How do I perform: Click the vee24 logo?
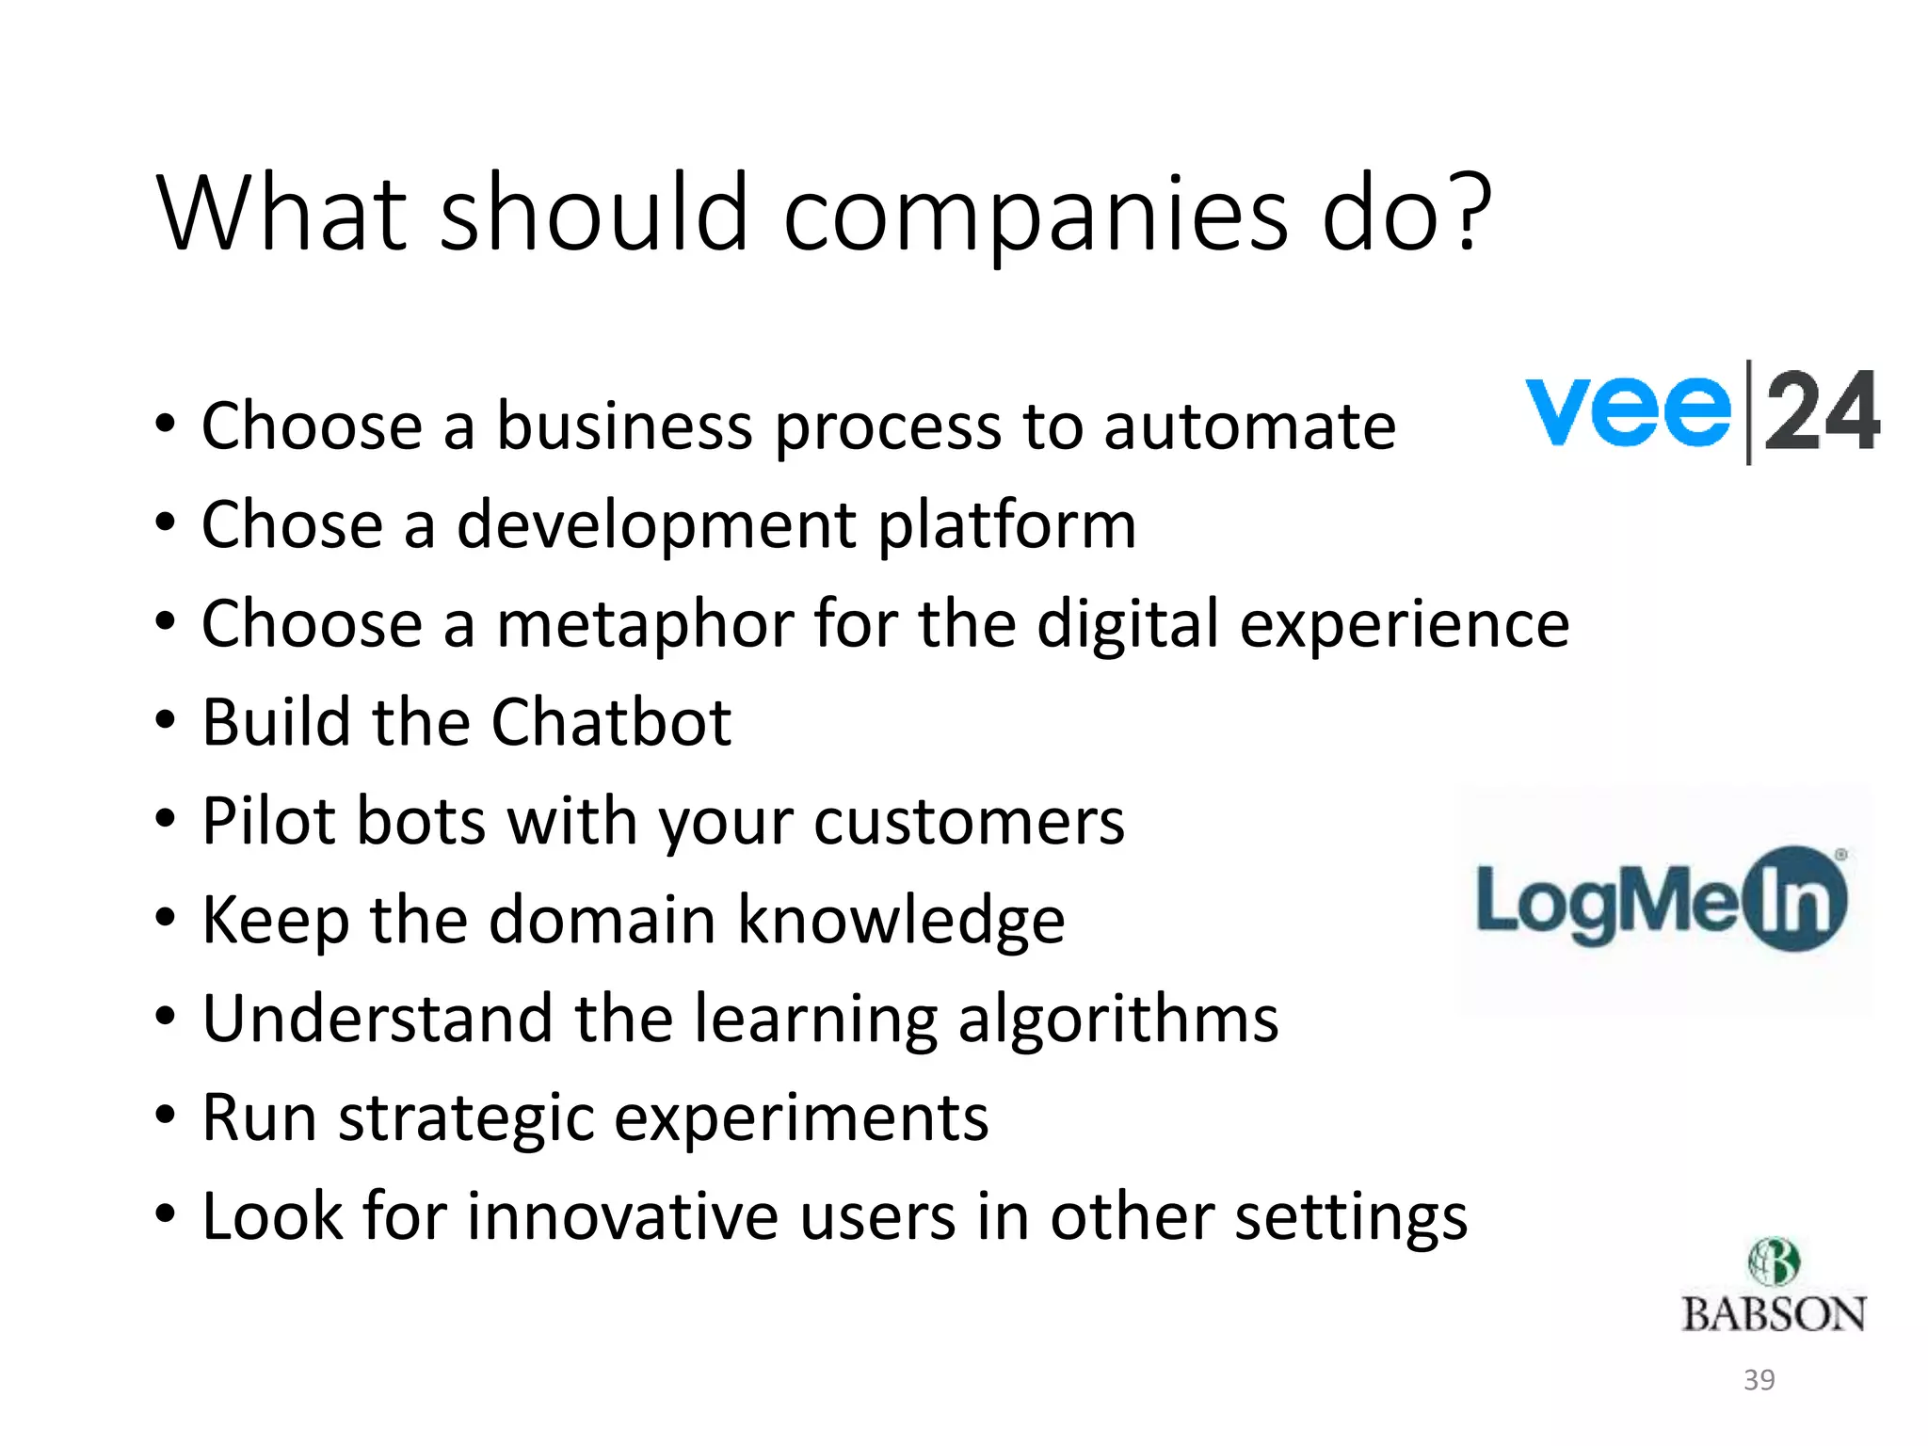click(x=1702, y=412)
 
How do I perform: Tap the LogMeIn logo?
click(x=1662, y=899)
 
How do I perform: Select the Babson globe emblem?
click(x=1774, y=1262)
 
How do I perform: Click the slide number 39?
click(x=1759, y=1380)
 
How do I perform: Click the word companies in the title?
click(x=1035, y=217)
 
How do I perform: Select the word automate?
click(x=1249, y=426)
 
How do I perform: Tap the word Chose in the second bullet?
click(x=292, y=524)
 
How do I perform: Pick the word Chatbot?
click(x=611, y=723)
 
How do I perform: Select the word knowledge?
click(x=901, y=921)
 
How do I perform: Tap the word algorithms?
click(x=1117, y=1020)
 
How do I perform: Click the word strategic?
click(x=466, y=1119)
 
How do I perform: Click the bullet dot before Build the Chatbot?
click(x=166, y=721)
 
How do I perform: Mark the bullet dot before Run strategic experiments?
click(x=166, y=1117)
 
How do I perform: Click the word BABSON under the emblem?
click(x=1774, y=1315)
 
